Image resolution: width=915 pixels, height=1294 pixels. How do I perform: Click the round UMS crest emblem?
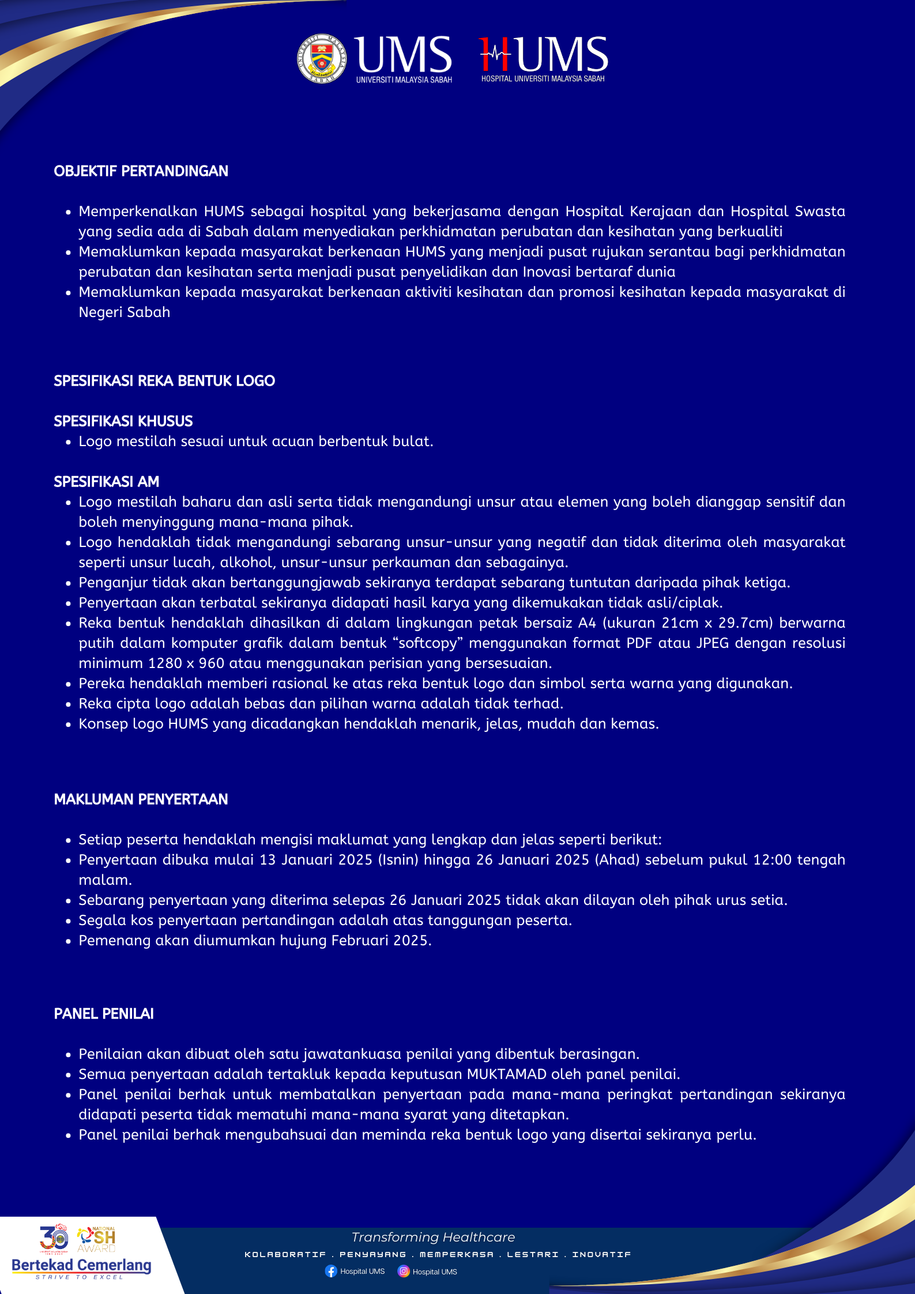(322, 58)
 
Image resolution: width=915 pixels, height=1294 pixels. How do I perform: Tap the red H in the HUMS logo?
(495, 54)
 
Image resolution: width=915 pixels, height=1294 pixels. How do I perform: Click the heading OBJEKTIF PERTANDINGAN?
(141, 171)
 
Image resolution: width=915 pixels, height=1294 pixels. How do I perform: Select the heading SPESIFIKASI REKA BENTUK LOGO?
(164, 381)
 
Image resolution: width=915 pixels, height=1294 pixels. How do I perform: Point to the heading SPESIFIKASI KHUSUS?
(123, 421)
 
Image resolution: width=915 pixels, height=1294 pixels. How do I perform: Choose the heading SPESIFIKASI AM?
(107, 482)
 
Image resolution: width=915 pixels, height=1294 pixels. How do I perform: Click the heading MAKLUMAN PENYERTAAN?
(141, 799)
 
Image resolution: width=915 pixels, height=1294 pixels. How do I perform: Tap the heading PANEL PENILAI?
(104, 1014)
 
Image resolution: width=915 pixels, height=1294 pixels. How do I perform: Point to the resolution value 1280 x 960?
(186, 663)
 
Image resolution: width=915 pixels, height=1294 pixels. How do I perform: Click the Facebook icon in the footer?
(331, 1271)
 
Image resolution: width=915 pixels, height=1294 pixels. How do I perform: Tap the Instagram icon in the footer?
(404, 1271)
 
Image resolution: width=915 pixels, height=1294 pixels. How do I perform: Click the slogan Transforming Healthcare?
(433, 1237)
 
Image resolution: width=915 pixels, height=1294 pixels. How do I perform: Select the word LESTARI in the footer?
(533, 1254)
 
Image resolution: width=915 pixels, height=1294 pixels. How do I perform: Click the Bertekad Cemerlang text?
(81, 1265)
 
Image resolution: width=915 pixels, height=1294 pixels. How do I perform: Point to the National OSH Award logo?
(96, 1239)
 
